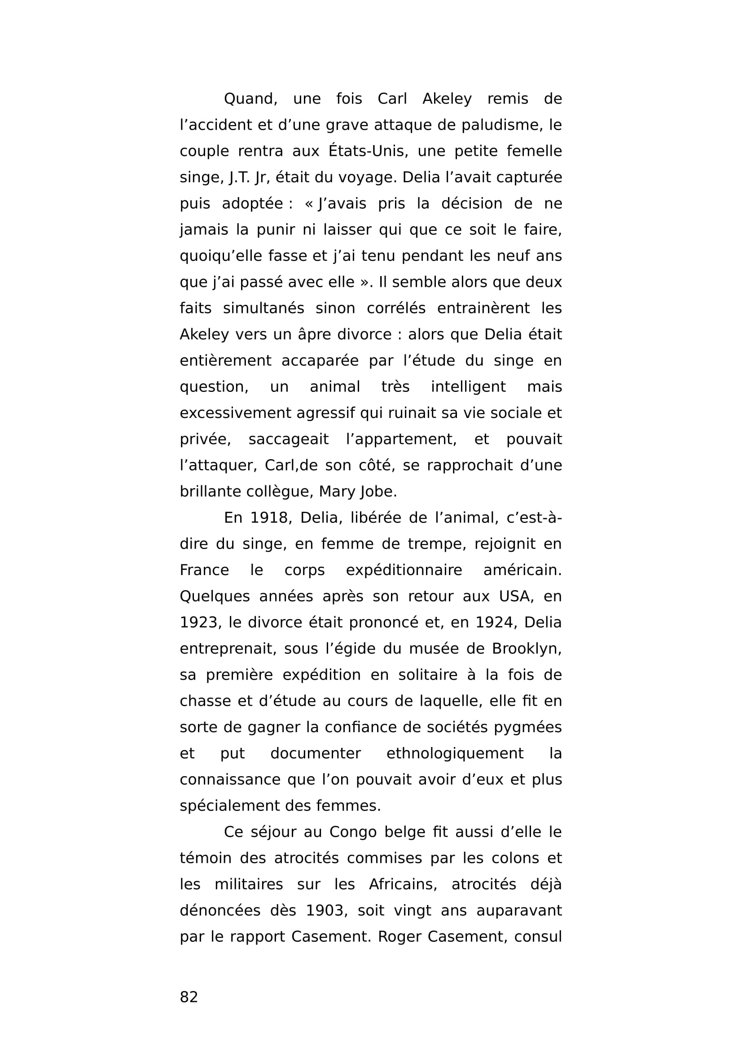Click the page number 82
[189, 997]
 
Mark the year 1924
[496, 622]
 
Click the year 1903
[324, 910]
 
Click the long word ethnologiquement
[455, 753]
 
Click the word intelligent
[468, 387]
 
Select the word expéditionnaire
[404, 570]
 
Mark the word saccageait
[288, 439]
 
